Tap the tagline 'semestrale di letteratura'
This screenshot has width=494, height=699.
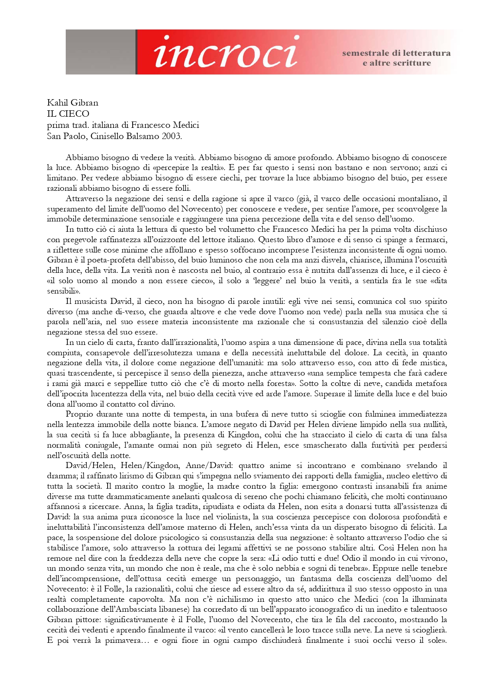point(396,53)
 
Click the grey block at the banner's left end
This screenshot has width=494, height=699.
point(100,52)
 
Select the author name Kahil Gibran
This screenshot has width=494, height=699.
point(73,102)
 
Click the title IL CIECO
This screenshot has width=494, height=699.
point(68,114)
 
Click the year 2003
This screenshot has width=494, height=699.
point(172,136)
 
